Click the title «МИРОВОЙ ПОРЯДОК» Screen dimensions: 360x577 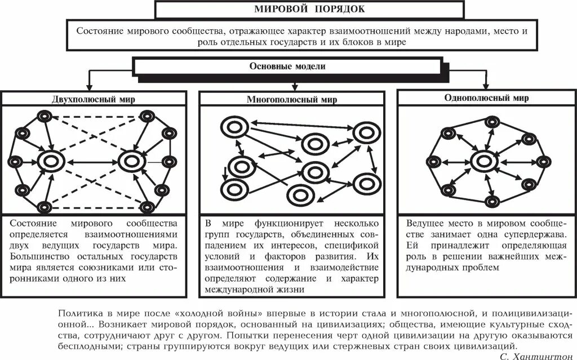pos(310,9)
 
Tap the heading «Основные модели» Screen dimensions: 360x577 pos(287,66)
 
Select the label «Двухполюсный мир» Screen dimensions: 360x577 pos(97,97)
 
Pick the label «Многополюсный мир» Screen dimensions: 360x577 pos(292,100)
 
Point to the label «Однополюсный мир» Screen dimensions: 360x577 pos(486,97)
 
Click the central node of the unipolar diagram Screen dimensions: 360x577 pos(483,161)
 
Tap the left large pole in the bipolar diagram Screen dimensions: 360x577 pos(50,161)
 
